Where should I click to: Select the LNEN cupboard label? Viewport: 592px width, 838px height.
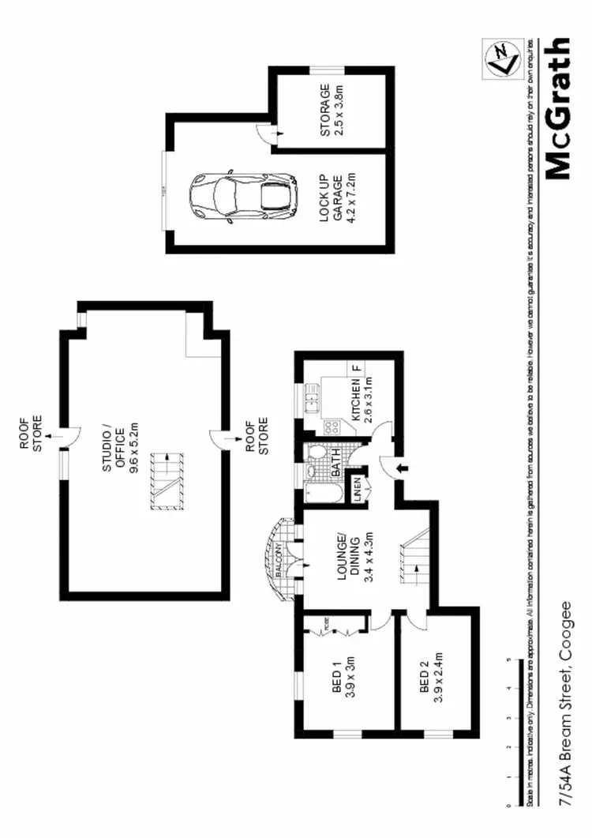(x=358, y=487)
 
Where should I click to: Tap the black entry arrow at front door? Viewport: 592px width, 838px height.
(x=400, y=468)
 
